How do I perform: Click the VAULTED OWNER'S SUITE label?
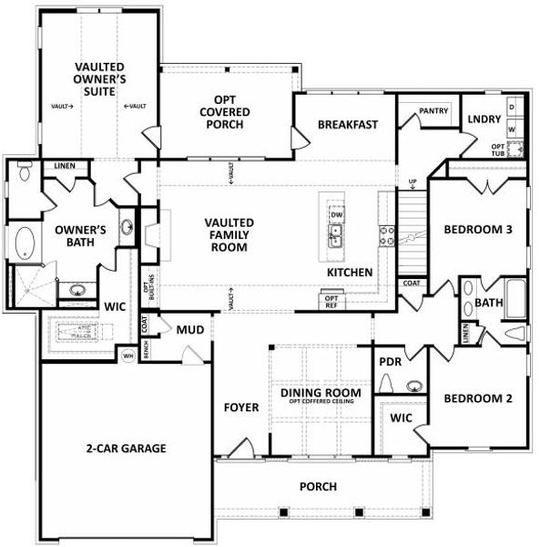click(99, 79)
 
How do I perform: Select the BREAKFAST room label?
click(348, 124)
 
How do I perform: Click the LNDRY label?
click(483, 119)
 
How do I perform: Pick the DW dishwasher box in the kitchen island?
click(336, 214)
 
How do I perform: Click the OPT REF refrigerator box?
click(331, 300)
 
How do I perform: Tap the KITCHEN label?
click(350, 273)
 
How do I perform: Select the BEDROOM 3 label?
click(478, 230)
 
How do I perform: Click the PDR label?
click(390, 361)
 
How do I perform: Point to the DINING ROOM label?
click(320, 393)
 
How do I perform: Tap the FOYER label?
click(241, 407)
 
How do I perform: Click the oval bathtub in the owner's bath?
click(24, 244)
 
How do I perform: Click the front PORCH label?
click(318, 487)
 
